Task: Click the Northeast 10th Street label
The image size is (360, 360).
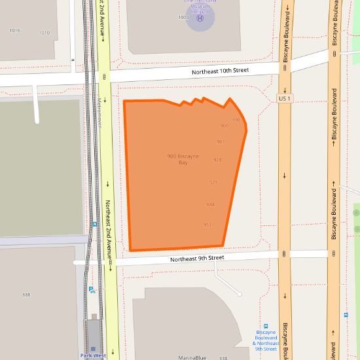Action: (221, 70)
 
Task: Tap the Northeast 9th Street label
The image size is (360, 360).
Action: (197, 259)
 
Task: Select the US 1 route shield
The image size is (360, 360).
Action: (284, 98)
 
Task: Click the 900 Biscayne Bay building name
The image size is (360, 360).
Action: (183, 159)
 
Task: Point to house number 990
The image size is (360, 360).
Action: (236, 120)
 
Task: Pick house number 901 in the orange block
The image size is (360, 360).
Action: (221, 141)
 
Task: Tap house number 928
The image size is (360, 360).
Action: (217, 160)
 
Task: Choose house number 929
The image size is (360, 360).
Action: (213, 182)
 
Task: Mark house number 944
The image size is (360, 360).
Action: (210, 204)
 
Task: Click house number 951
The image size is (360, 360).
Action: (207, 225)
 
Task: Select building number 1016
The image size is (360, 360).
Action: (15, 31)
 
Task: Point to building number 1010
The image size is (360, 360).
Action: (45, 33)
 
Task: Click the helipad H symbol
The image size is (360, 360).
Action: (200, 18)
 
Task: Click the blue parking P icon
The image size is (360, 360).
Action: (91, 289)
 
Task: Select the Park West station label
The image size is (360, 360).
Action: (93, 355)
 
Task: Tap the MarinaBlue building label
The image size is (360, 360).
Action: (192, 357)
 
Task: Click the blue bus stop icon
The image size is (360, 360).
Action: (266, 326)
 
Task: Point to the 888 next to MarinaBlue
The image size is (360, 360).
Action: (224, 358)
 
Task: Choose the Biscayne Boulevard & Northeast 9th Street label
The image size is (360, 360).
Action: (266, 343)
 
